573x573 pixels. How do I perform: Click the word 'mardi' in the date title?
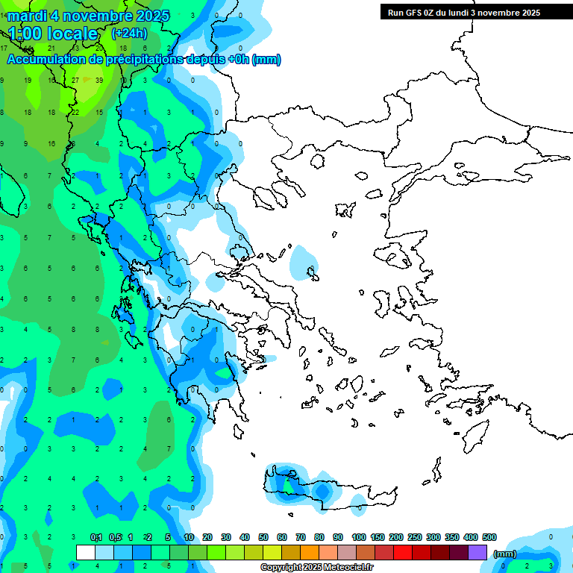(25, 16)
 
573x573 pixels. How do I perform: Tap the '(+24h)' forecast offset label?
(129, 34)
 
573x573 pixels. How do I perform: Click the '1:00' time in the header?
(25, 34)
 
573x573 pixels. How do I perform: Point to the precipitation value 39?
(99, 80)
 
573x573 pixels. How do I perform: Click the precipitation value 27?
(75, 80)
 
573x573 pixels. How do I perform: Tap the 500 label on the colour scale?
(489, 537)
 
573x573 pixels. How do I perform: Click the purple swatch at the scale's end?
(477, 553)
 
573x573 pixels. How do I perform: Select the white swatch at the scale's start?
(86, 553)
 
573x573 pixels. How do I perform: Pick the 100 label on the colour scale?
(359, 537)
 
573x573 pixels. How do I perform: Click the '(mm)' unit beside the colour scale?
(505, 554)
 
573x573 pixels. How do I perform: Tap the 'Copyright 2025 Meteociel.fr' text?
(316, 567)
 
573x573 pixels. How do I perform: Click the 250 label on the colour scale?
(415, 537)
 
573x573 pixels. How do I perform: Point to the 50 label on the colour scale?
(263, 537)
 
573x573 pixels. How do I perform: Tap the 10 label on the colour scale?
(189, 537)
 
